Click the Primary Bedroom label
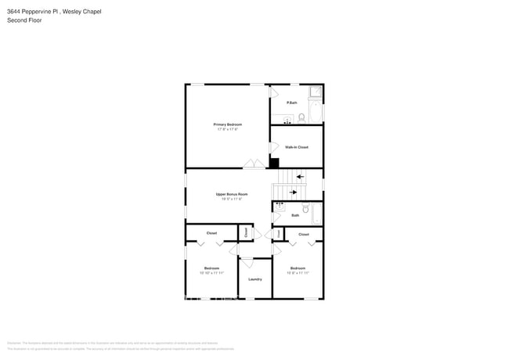pos(227,124)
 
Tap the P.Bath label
pos(291,103)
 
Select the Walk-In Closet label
pos(296,147)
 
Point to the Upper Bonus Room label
pos(232,194)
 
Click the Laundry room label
pos(254,279)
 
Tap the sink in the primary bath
pos(287,121)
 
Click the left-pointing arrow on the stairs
pos(301,177)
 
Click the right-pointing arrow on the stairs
pos(294,191)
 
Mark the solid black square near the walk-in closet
pos(274,163)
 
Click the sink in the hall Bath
pos(280,207)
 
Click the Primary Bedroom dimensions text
pos(227,129)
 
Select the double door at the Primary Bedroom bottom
pos(253,164)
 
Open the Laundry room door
pos(246,263)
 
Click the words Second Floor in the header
pos(24,20)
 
